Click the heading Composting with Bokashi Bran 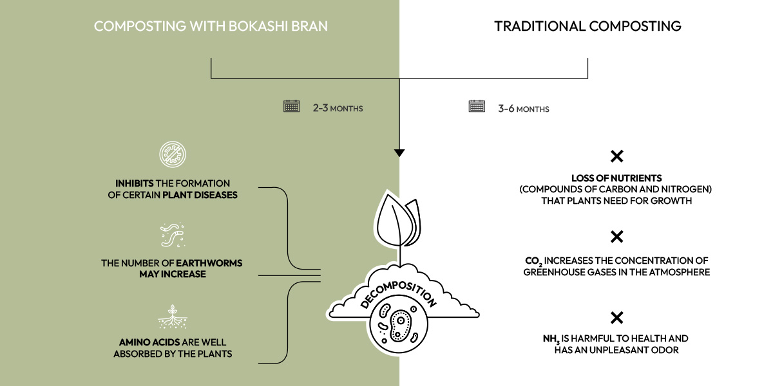211,26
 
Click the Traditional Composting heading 587,26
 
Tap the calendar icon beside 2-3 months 292,106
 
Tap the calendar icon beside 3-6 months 477,106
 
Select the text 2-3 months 338,108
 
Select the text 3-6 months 523,109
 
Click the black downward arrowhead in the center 399,153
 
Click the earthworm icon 171,235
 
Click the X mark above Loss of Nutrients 616,156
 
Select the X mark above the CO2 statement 616,237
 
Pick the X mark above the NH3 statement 616,317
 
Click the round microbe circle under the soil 399,325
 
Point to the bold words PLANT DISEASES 200,195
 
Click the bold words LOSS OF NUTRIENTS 616,178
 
